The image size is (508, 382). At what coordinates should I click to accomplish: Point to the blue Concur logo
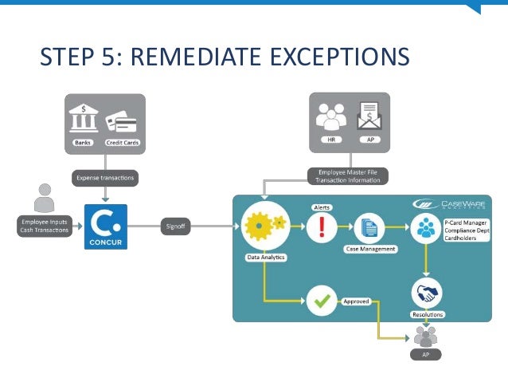pyautogui.click(x=105, y=226)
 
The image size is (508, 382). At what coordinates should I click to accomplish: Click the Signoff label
pyautogui.click(x=175, y=226)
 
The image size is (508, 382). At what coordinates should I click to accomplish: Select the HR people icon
pyautogui.click(x=330, y=119)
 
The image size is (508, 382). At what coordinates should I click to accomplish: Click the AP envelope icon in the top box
pyautogui.click(x=369, y=118)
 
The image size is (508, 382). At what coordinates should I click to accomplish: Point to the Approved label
pyautogui.click(x=355, y=302)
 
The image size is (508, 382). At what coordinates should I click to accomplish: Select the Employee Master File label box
pyautogui.click(x=349, y=175)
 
